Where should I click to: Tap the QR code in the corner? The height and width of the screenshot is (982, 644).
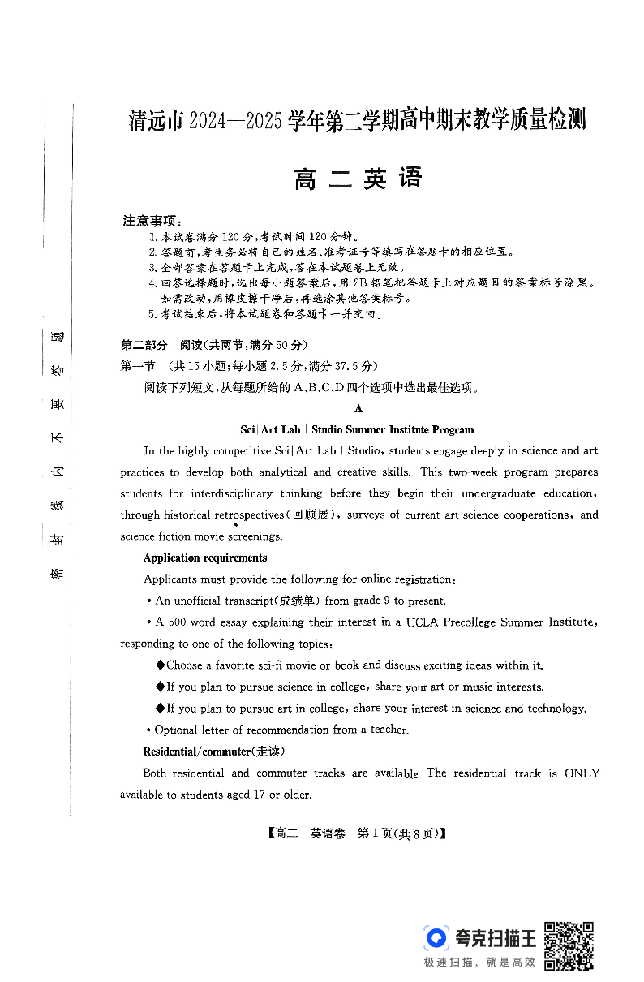tap(568, 945)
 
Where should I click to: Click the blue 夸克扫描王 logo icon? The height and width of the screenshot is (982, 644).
tap(436, 938)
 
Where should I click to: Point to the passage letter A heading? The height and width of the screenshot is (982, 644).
tap(358, 409)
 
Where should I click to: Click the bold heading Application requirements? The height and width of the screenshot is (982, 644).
tap(205, 558)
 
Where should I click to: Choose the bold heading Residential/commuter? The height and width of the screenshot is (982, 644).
tap(198, 752)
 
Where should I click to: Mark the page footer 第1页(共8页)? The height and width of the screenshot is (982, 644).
tap(401, 833)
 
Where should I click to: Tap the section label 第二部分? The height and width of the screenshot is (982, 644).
tap(144, 344)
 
